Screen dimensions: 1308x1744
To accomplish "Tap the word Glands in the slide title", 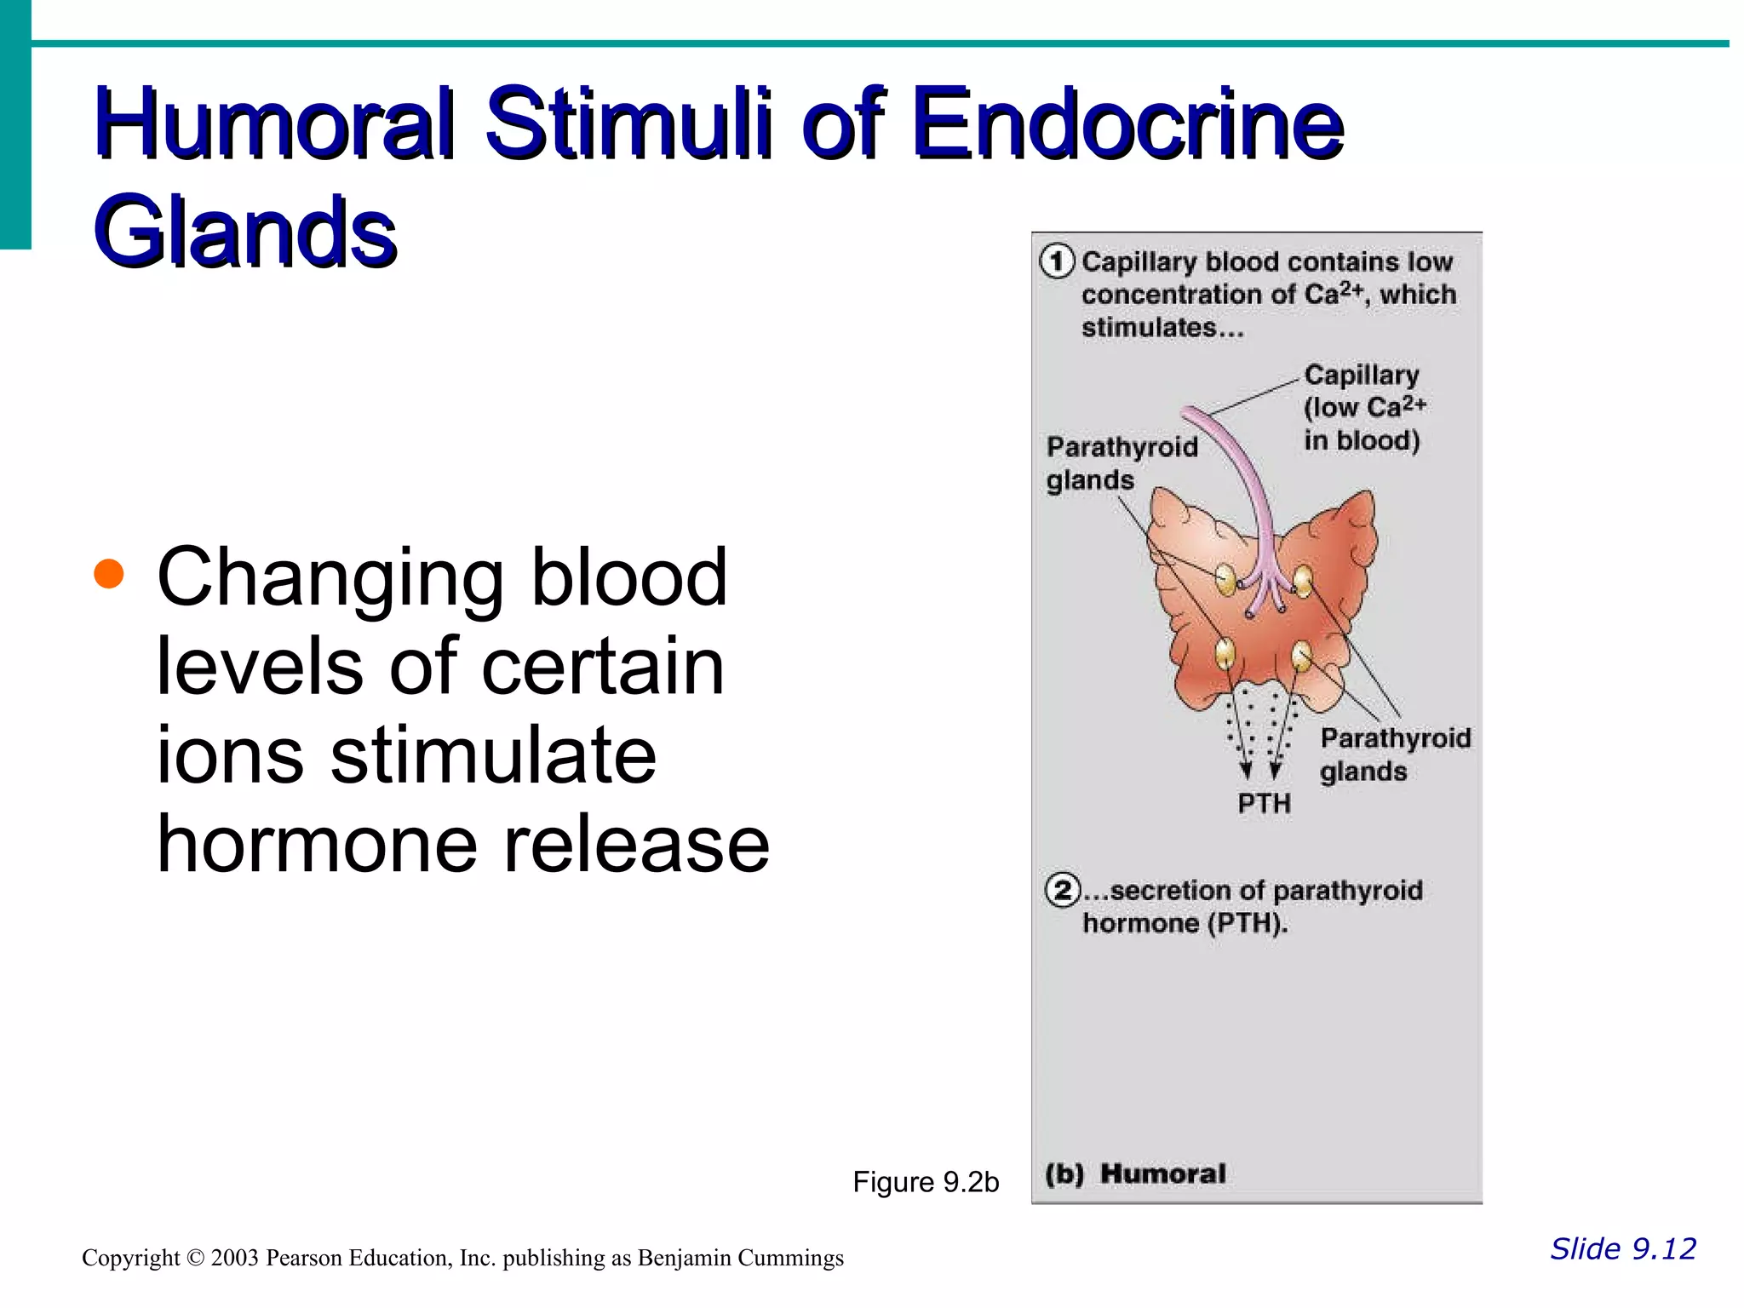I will tap(245, 232).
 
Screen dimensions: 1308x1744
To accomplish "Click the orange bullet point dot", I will tap(109, 574).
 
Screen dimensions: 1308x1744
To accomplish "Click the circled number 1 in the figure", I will tap(1058, 261).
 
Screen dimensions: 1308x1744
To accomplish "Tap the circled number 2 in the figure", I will tap(1063, 891).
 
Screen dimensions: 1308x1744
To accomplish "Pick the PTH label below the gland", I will tap(1264, 803).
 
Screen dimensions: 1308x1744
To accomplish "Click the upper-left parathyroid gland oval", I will tap(1225, 579).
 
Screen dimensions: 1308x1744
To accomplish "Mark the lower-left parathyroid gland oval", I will tap(1225, 653).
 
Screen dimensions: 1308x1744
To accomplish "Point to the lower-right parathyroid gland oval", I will tap(1302, 656).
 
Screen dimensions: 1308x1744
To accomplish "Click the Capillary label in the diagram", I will tap(1361, 376).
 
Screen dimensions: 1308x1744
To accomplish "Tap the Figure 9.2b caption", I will tap(926, 1182).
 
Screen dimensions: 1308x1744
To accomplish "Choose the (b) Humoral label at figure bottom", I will tap(1136, 1174).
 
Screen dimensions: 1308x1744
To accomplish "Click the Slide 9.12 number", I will tap(1623, 1248).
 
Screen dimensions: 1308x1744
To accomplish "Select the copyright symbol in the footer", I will tap(195, 1258).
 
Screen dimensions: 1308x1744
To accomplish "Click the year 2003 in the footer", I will tap(234, 1258).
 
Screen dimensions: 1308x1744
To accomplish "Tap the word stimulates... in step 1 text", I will tap(1162, 328).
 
